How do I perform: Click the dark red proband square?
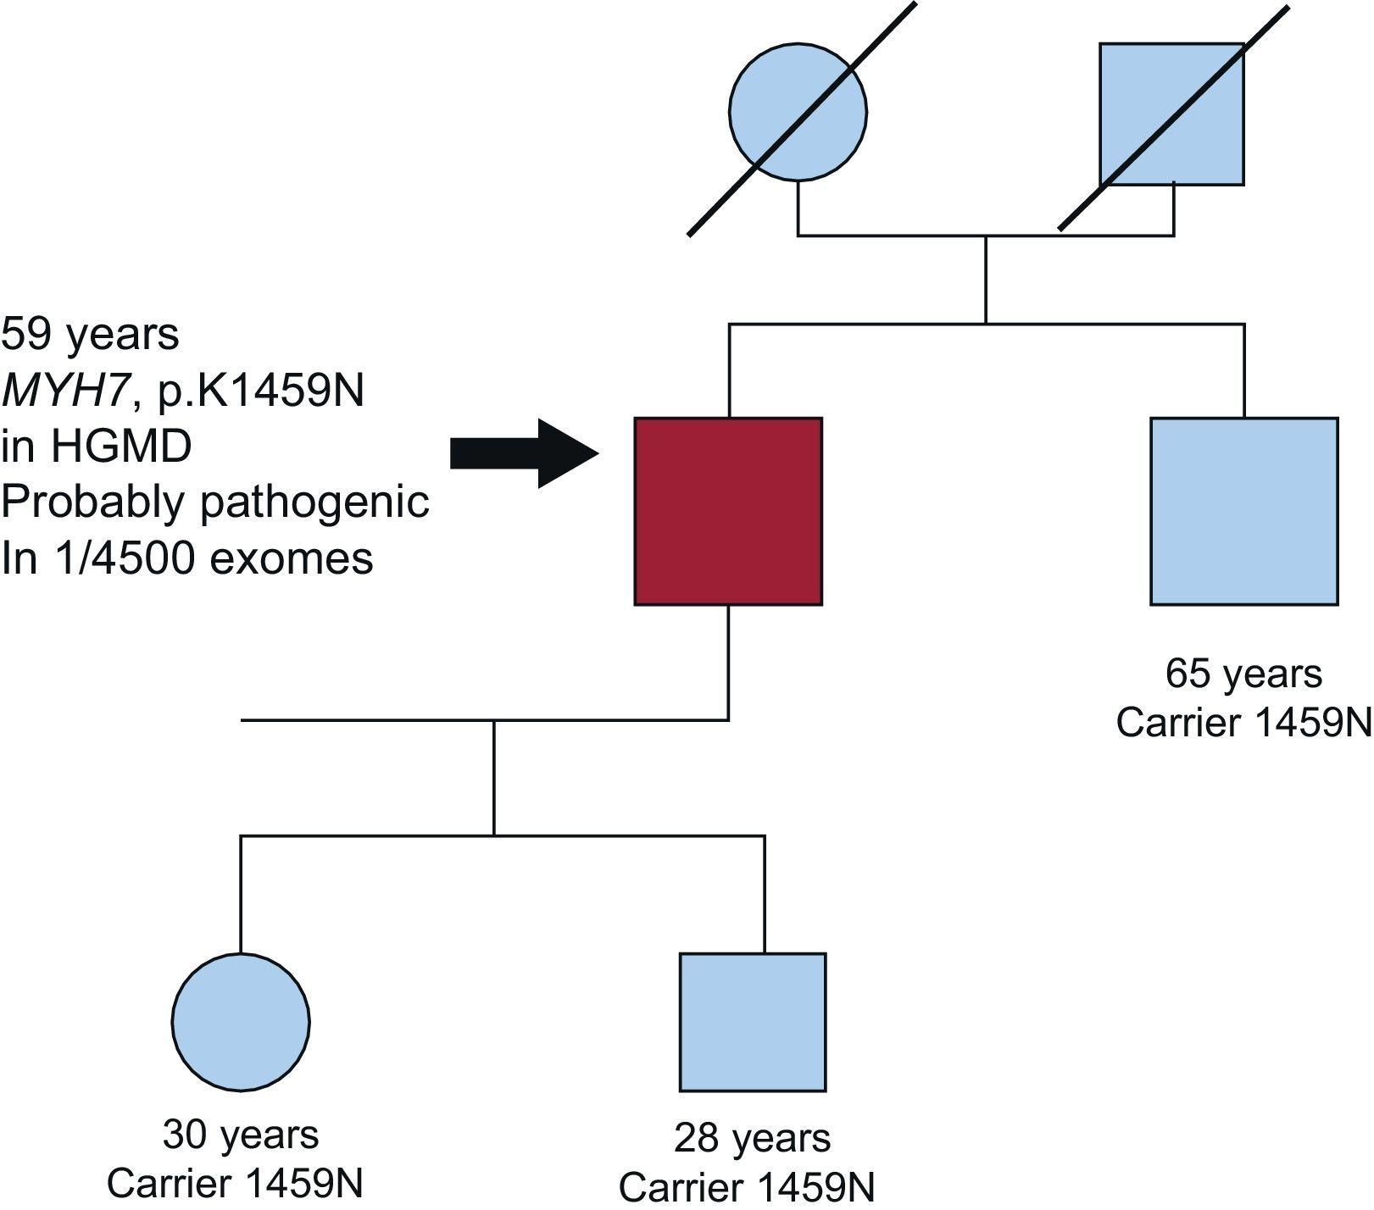[x=728, y=511]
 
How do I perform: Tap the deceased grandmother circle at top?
[x=798, y=112]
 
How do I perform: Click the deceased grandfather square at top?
[x=1171, y=114]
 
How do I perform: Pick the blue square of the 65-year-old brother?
[x=1243, y=511]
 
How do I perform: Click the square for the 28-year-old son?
[x=753, y=1022]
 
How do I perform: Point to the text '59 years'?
[x=90, y=334]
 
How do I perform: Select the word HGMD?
[x=120, y=447]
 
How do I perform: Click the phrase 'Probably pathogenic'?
[x=215, y=502]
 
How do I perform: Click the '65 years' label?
[x=1243, y=674]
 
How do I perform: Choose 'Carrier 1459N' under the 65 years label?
[x=1243, y=723]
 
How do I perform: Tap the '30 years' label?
[x=241, y=1135]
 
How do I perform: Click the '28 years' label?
[x=753, y=1138]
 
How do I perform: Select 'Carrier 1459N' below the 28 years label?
[x=747, y=1187]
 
